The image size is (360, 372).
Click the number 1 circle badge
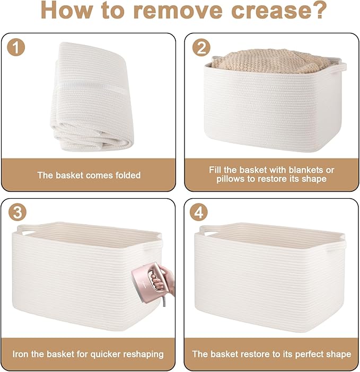pos(16,48)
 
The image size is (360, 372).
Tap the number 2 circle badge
pos(201,48)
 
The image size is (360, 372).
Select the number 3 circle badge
pos(17,212)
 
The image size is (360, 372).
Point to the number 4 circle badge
pos(199,212)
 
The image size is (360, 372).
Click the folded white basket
pos(91,96)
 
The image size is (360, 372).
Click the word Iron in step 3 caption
pos(20,354)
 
